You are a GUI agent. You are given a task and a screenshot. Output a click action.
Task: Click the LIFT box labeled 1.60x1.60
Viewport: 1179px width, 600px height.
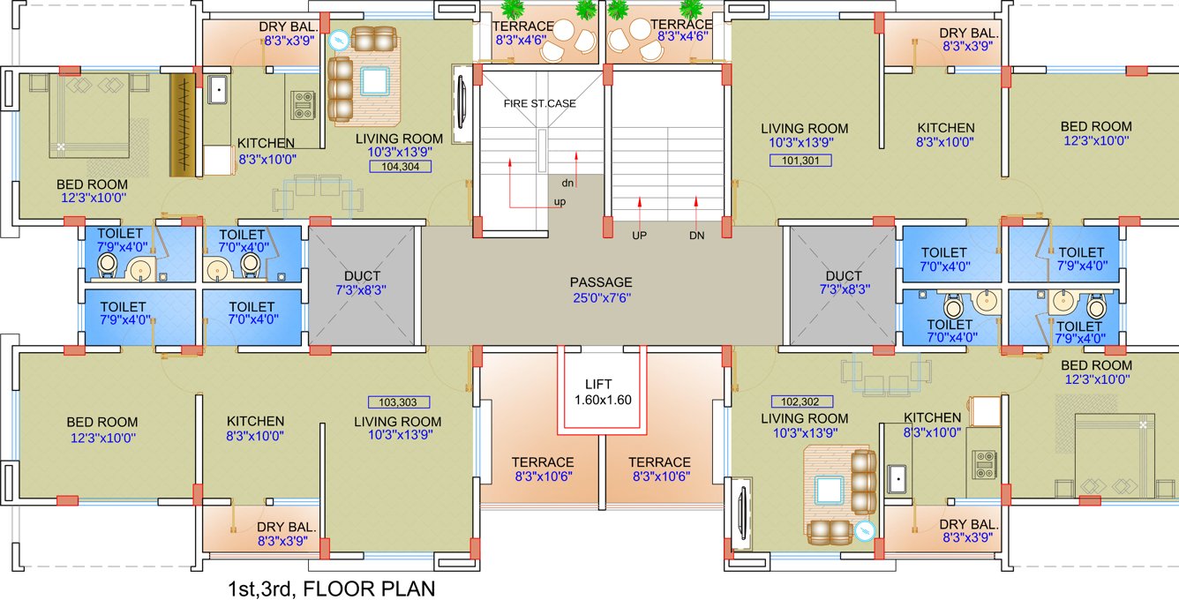603,392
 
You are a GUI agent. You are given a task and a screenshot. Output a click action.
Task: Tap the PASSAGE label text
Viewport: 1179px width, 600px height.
601,282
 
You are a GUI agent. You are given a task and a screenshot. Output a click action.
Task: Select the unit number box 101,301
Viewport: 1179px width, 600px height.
800,161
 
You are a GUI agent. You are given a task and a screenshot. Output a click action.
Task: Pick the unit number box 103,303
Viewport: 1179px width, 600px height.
397,401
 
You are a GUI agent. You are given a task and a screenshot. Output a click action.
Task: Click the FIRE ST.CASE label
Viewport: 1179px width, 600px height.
539,103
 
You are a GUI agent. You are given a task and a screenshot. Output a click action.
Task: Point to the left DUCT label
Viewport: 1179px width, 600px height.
362,274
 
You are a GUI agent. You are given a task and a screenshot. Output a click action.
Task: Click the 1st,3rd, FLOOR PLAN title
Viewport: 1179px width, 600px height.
331,587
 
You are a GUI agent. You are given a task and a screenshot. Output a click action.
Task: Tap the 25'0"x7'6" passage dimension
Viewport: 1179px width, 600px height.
601,298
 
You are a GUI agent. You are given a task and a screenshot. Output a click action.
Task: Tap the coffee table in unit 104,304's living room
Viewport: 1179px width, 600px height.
374,82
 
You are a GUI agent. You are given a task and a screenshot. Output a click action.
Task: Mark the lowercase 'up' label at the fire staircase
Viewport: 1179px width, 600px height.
559,202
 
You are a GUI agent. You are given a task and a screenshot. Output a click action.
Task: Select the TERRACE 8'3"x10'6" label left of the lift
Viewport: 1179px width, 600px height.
543,469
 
